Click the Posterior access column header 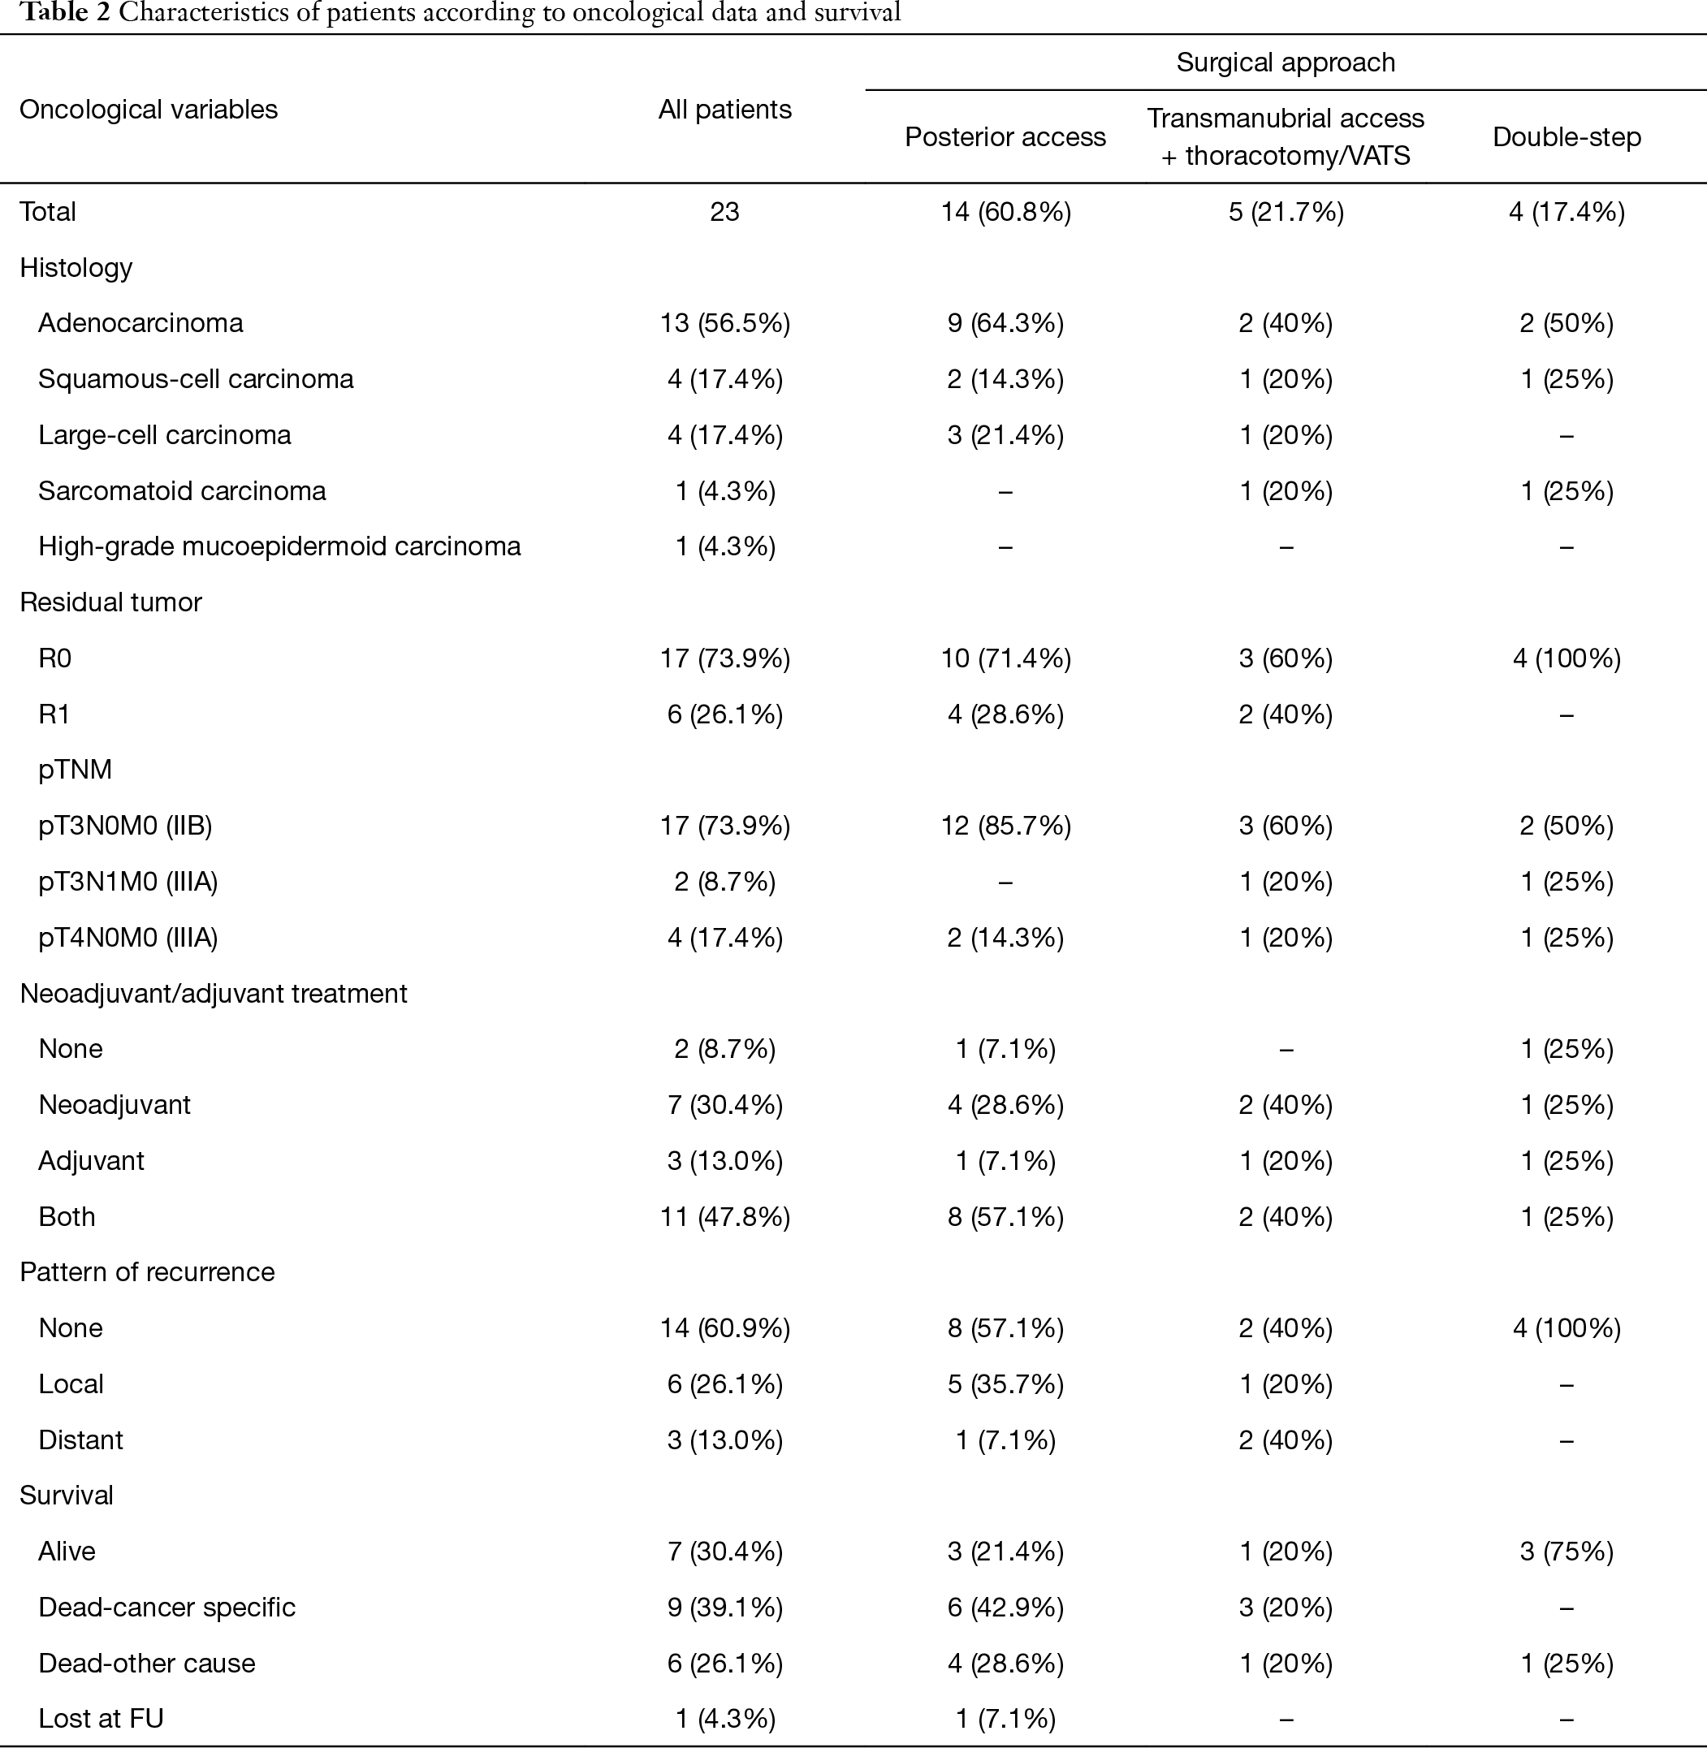point(1005,137)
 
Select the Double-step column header point(1567,137)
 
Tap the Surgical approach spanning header point(1286,63)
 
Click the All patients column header point(724,110)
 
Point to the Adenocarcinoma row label point(140,322)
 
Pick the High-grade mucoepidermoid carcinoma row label point(279,546)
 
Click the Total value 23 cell point(724,212)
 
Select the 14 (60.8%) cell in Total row point(1005,212)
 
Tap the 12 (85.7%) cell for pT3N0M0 point(1005,826)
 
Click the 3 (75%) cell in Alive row point(1567,1552)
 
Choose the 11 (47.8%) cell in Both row point(724,1216)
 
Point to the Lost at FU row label point(102,1719)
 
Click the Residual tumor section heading point(110,602)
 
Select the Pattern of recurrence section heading point(147,1272)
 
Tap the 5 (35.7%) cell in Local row point(1005,1384)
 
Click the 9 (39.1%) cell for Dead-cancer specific point(724,1608)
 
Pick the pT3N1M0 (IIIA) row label point(128,881)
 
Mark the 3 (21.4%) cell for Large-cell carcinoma point(1005,434)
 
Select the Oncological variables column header point(149,110)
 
